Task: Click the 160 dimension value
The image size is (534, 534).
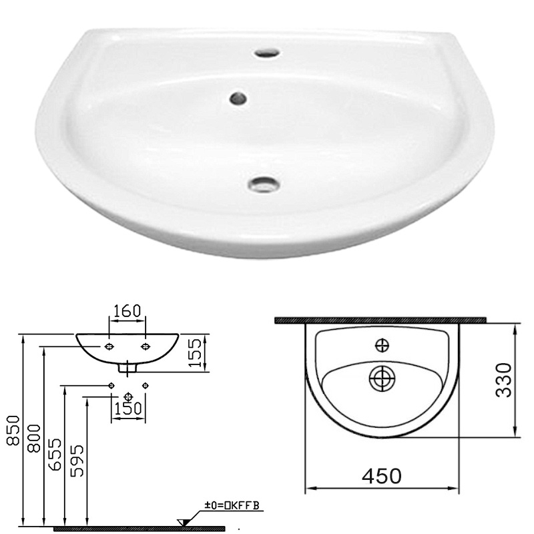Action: point(127,312)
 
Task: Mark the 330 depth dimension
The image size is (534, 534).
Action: point(504,380)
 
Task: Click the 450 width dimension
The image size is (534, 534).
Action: point(381,477)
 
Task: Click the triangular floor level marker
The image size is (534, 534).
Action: point(182,521)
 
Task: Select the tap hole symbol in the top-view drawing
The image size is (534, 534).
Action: point(382,344)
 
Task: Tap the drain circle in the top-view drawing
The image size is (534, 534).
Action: point(381,378)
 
